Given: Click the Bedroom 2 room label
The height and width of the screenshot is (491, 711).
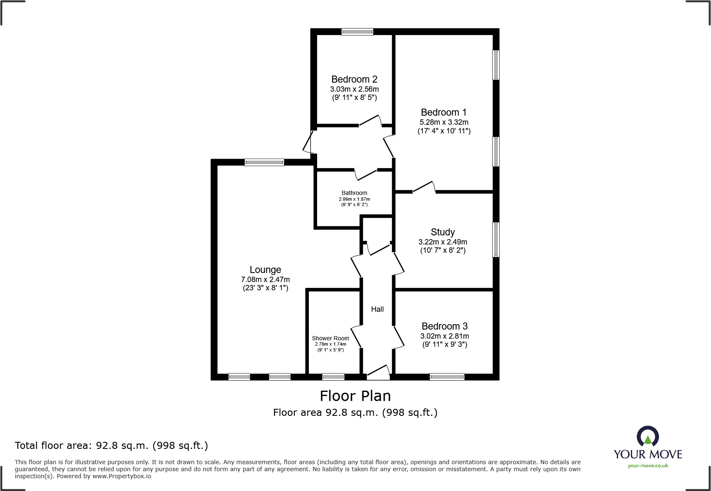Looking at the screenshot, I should (x=354, y=79).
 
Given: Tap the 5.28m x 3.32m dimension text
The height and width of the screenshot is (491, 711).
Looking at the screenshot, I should (x=444, y=122).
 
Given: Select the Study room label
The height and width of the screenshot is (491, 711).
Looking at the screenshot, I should (x=443, y=232).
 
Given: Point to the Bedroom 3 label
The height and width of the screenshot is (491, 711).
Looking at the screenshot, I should (x=444, y=326).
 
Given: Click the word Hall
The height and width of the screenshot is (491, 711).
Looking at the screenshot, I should (x=377, y=309).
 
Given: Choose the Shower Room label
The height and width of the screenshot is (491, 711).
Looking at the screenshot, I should (x=330, y=338).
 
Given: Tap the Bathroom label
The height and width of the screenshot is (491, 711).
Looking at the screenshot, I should (x=354, y=193).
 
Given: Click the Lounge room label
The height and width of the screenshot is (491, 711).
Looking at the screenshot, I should (x=265, y=270).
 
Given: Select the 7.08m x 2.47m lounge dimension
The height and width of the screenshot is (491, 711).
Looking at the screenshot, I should (x=265, y=280).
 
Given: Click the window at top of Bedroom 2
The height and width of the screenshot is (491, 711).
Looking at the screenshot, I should (x=357, y=31).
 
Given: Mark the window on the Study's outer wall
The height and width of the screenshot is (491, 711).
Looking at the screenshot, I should (x=496, y=240).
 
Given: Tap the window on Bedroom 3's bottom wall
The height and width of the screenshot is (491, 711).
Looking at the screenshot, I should (x=447, y=377).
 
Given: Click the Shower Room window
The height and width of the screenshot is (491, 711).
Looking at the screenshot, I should (x=333, y=377).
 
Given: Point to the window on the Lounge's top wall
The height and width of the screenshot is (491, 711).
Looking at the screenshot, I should (x=264, y=162).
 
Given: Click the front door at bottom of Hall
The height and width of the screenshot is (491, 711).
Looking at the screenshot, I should (x=378, y=373).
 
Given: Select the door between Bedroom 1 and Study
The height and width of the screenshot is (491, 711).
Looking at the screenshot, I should (x=424, y=188).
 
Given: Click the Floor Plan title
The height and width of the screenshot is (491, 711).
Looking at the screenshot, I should (x=355, y=396).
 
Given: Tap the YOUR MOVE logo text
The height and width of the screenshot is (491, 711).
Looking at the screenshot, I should (x=647, y=454).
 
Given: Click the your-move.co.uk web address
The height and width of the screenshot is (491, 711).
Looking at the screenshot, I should (x=647, y=466).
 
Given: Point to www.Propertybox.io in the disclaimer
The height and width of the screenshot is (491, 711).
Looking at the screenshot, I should (x=121, y=476).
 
